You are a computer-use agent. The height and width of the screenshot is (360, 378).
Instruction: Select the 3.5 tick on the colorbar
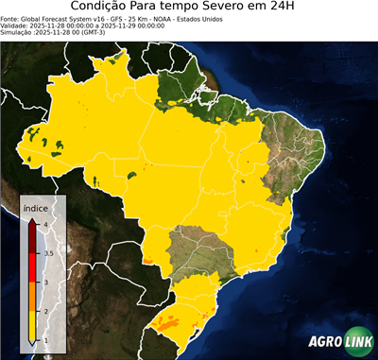pos(47,252)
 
